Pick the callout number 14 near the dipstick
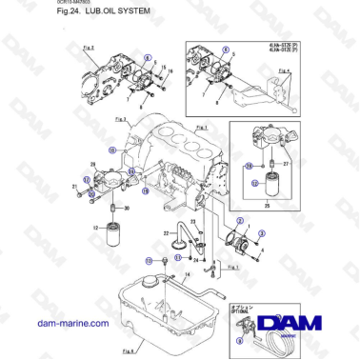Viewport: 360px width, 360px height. click(186, 274)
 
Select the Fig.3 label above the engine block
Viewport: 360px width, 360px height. click(120, 119)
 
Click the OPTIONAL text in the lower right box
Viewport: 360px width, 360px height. click(239, 311)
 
